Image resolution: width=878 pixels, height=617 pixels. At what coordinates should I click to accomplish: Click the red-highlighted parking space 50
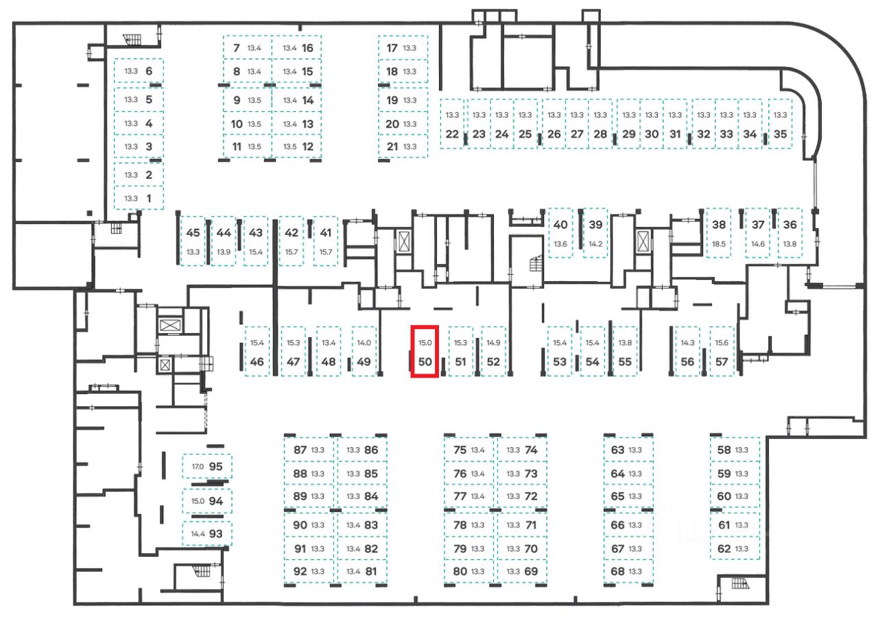[425, 352]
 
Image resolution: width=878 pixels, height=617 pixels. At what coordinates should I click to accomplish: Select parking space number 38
[719, 225]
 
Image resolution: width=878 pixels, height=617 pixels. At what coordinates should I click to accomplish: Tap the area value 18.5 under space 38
[719, 244]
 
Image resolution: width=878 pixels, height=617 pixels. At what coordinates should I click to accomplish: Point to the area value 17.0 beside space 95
[198, 466]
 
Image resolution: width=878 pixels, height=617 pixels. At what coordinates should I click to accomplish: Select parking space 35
[780, 134]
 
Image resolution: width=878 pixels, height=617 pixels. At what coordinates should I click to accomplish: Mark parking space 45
[193, 233]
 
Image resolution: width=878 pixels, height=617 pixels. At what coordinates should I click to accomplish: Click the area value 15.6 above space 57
[722, 343]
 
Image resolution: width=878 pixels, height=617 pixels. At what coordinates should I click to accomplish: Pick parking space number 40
[560, 225]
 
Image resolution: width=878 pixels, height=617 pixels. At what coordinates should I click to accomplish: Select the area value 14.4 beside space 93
[198, 533]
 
